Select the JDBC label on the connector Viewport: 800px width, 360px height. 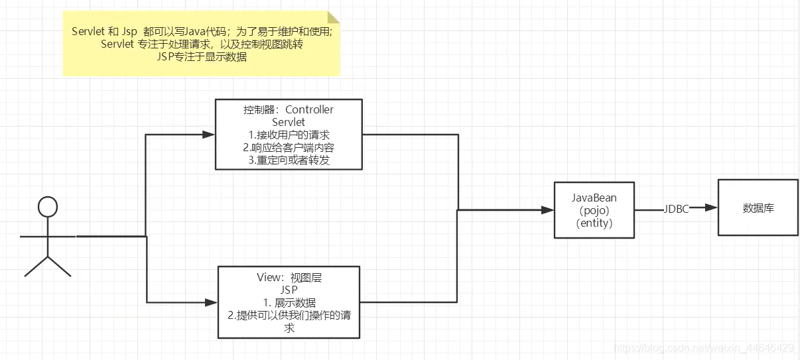pyautogui.click(x=676, y=209)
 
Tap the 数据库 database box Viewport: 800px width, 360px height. pyautogui.click(x=758, y=208)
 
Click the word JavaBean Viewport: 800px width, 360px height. pyautogui.click(x=594, y=198)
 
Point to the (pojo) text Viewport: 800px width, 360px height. pyautogui.click(x=594, y=211)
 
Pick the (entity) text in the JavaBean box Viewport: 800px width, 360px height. pyautogui.click(x=594, y=223)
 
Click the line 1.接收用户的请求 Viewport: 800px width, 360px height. pyautogui.click(x=289, y=135)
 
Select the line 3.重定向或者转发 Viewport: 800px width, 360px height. pyautogui.click(x=289, y=160)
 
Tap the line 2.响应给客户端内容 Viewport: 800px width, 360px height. pyautogui.click(x=289, y=148)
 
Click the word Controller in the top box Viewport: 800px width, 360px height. pyautogui.click(x=309, y=109)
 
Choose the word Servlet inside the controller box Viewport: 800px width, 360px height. pyautogui.click(x=289, y=123)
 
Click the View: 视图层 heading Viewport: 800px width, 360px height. pyautogui.click(x=289, y=278)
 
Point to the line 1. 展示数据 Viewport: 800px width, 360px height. pyautogui.click(x=289, y=303)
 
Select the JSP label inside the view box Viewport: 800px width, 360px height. pyautogui.click(x=289, y=290)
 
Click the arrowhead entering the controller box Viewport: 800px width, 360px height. pyautogui.click(x=209, y=135)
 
